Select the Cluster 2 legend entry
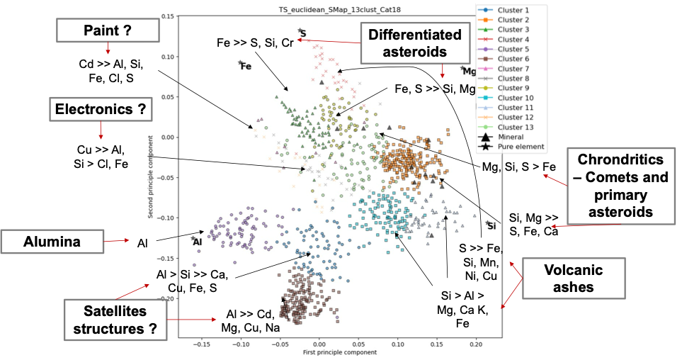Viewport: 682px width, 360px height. point(513,20)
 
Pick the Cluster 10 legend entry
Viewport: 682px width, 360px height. point(515,98)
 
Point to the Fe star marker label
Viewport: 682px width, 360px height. point(246,67)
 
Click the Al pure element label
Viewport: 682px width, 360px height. point(198,241)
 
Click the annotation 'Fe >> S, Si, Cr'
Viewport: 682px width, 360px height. point(256,43)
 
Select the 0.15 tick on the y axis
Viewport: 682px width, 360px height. point(168,15)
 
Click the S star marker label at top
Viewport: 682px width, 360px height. point(303,33)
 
